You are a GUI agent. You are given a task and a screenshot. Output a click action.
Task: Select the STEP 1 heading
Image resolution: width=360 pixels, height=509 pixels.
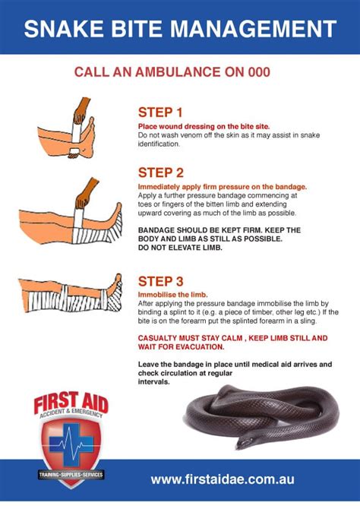[x=160, y=112]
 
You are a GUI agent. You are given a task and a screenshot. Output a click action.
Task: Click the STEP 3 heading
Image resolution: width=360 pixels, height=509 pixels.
[x=160, y=280]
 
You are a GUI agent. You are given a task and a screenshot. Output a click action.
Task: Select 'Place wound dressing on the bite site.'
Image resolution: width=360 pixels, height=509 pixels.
[x=203, y=125]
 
